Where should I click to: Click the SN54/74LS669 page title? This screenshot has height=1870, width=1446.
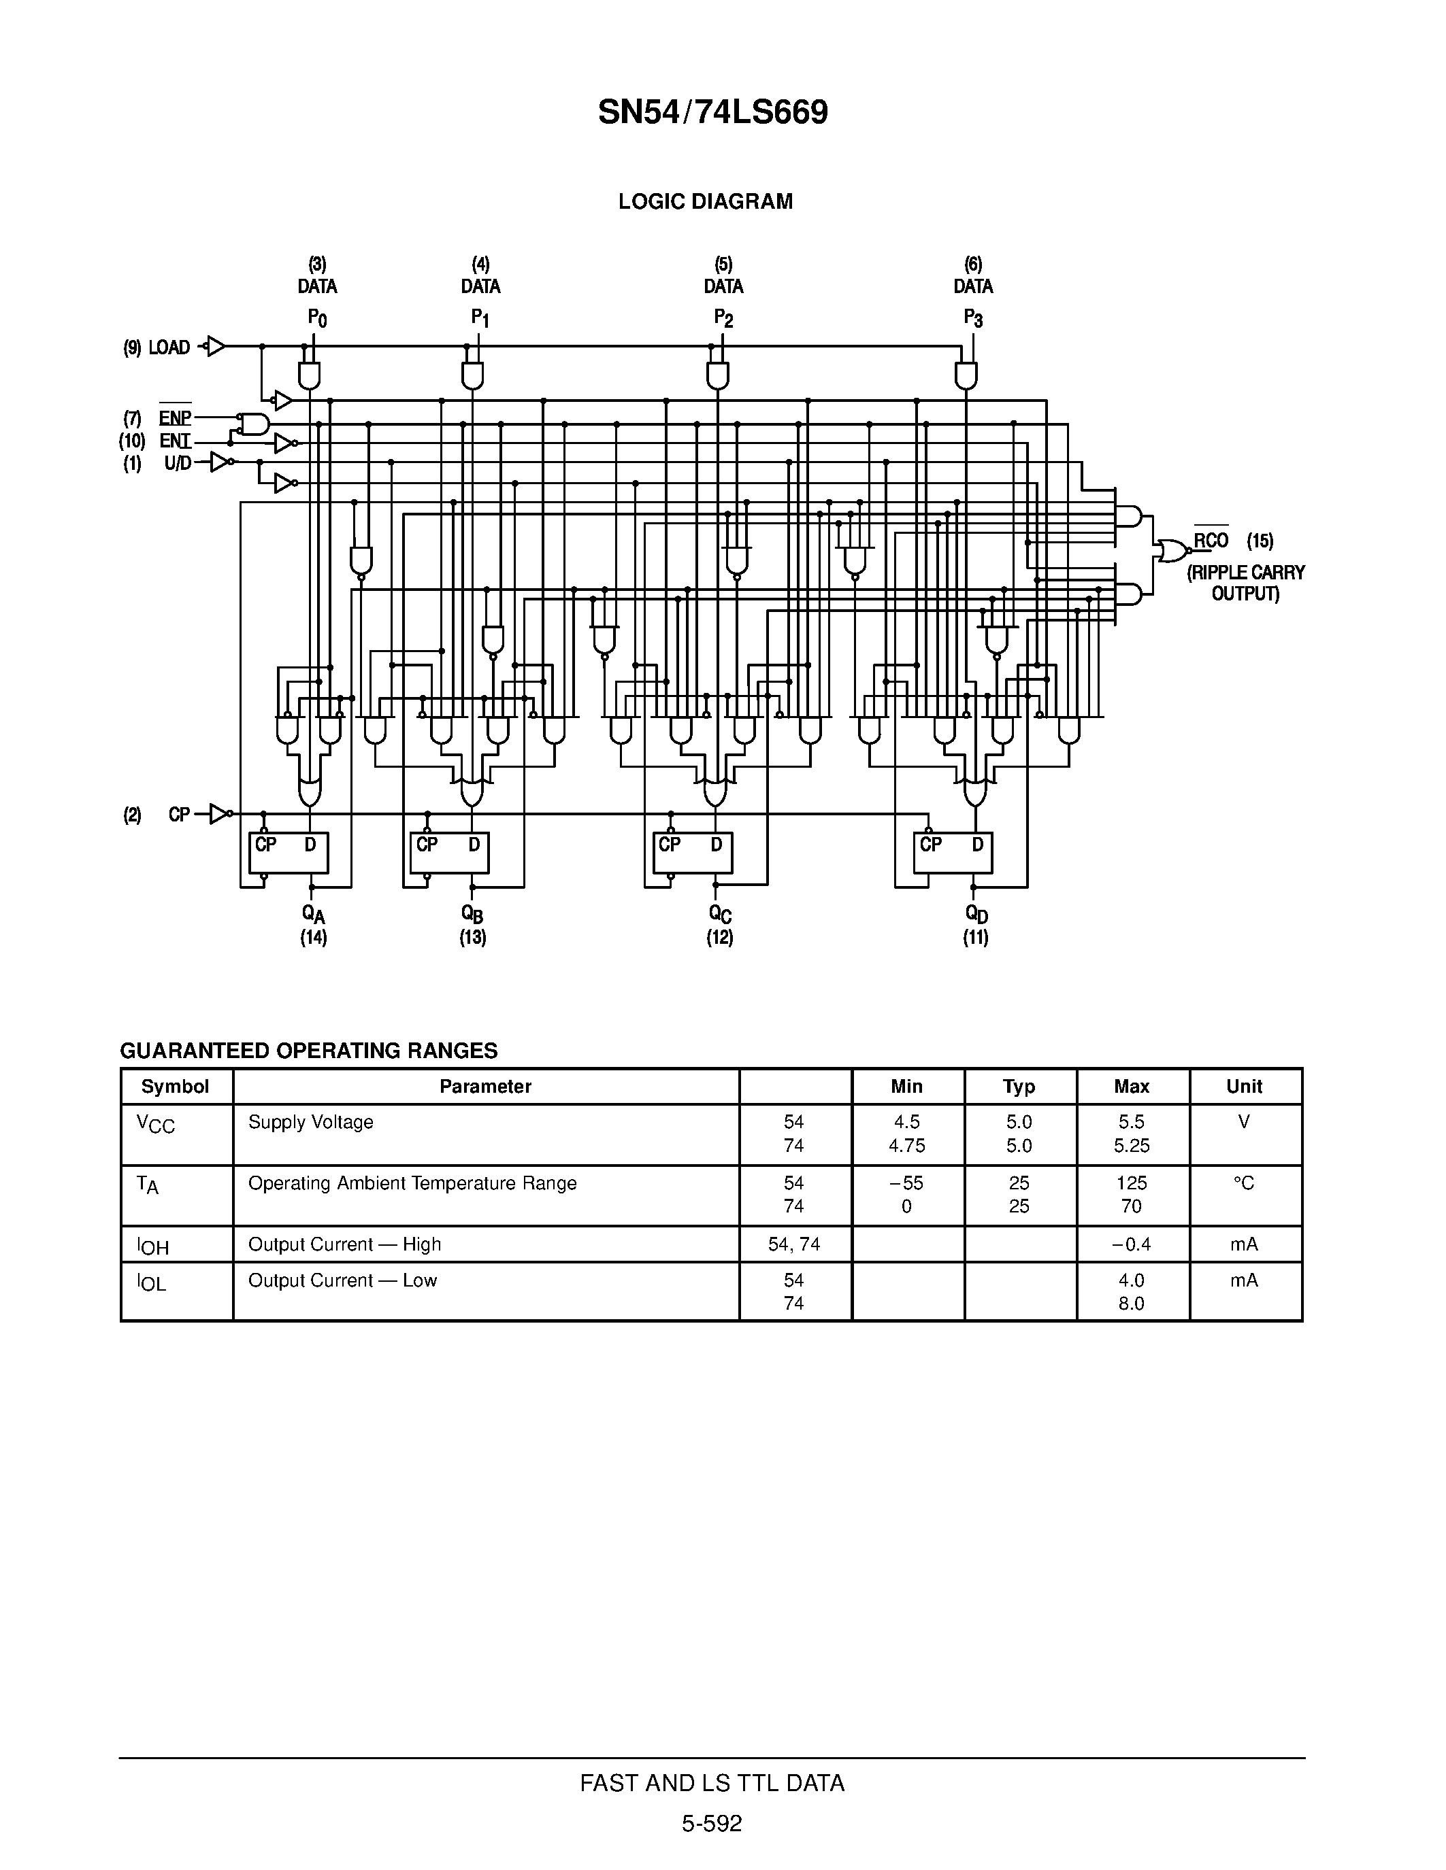pyautogui.click(x=712, y=113)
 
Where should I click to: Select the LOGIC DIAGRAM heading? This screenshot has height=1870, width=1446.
pyautogui.click(x=705, y=201)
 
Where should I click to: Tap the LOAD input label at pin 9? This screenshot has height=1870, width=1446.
pyautogui.click(x=169, y=347)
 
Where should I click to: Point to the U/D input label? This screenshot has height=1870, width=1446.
pyautogui.click(x=178, y=463)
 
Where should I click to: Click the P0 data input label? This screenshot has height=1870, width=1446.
pyautogui.click(x=317, y=318)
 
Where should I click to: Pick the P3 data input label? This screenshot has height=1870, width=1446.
pyautogui.click(x=973, y=318)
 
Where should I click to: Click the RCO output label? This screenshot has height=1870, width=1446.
pyautogui.click(x=1211, y=541)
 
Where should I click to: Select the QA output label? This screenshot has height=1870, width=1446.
pyautogui.click(x=314, y=915)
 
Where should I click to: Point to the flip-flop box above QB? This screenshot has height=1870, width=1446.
pyautogui.click(x=449, y=853)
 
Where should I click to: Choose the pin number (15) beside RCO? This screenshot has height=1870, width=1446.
pyautogui.click(x=1260, y=541)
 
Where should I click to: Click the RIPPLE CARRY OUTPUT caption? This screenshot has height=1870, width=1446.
pyautogui.click(x=1245, y=583)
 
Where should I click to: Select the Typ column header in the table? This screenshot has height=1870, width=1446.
pyautogui.click(x=1019, y=1087)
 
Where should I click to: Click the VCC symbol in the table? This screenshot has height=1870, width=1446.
pyautogui.click(x=155, y=1123)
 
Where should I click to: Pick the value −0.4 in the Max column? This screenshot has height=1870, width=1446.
pyautogui.click(x=1131, y=1244)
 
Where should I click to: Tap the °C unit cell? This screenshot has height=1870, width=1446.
pyautogui.click(x=1244, y=1183)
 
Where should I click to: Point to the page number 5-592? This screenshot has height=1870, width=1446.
pyautogui.click(x=712, y=1823)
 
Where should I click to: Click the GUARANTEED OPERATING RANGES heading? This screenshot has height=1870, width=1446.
pyautogui.click(x=308, y=1051)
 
